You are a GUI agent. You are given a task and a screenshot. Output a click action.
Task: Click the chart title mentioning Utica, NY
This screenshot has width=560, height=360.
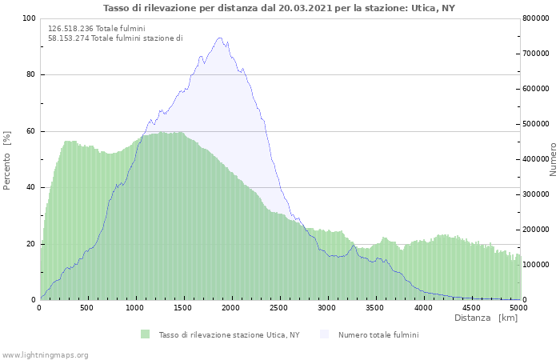pyautogui.click(x=280, y=8)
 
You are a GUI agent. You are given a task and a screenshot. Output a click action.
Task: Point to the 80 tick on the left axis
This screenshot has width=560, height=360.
pyautogui.click(x=31, y=75)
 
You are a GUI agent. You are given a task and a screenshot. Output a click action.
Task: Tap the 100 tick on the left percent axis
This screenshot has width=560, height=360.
pyautogui.click(x=29, y=18)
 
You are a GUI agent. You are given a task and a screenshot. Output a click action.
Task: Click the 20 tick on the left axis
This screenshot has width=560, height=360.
pyautogui.click(x=31, y=244)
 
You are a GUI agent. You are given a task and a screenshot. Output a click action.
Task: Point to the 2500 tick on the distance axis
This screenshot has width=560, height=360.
pyautogui.click(x=279, y=307)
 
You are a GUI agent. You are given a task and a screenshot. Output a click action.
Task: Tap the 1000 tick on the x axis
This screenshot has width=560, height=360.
pyautogui.click(x=135, y=307)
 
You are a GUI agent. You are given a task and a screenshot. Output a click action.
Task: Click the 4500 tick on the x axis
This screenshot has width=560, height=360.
pyautogui.click(x=471, y=307)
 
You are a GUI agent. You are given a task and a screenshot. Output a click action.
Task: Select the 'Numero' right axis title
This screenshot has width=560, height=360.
pyautogui.click(x=553, y=159)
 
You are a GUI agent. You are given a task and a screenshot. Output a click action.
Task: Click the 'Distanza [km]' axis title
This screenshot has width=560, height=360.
pyautogui.click(x=486, y=318)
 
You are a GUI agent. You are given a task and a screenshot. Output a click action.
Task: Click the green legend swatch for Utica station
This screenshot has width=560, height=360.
pyautogui.click(x=145, y=334)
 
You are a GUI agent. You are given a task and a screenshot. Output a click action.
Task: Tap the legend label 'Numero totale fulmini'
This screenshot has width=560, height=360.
pyautogui.click(x=378, y=334)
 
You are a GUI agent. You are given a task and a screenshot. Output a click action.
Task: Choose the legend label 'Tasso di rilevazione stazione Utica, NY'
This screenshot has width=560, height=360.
pyautogui.click(x=229, y=334)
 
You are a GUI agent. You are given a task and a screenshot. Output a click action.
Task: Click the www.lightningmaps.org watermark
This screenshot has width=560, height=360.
pyautogui.click(x=45, y=354)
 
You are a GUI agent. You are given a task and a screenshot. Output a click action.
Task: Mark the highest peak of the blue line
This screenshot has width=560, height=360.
pyautogui.click(x=219, y=38)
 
